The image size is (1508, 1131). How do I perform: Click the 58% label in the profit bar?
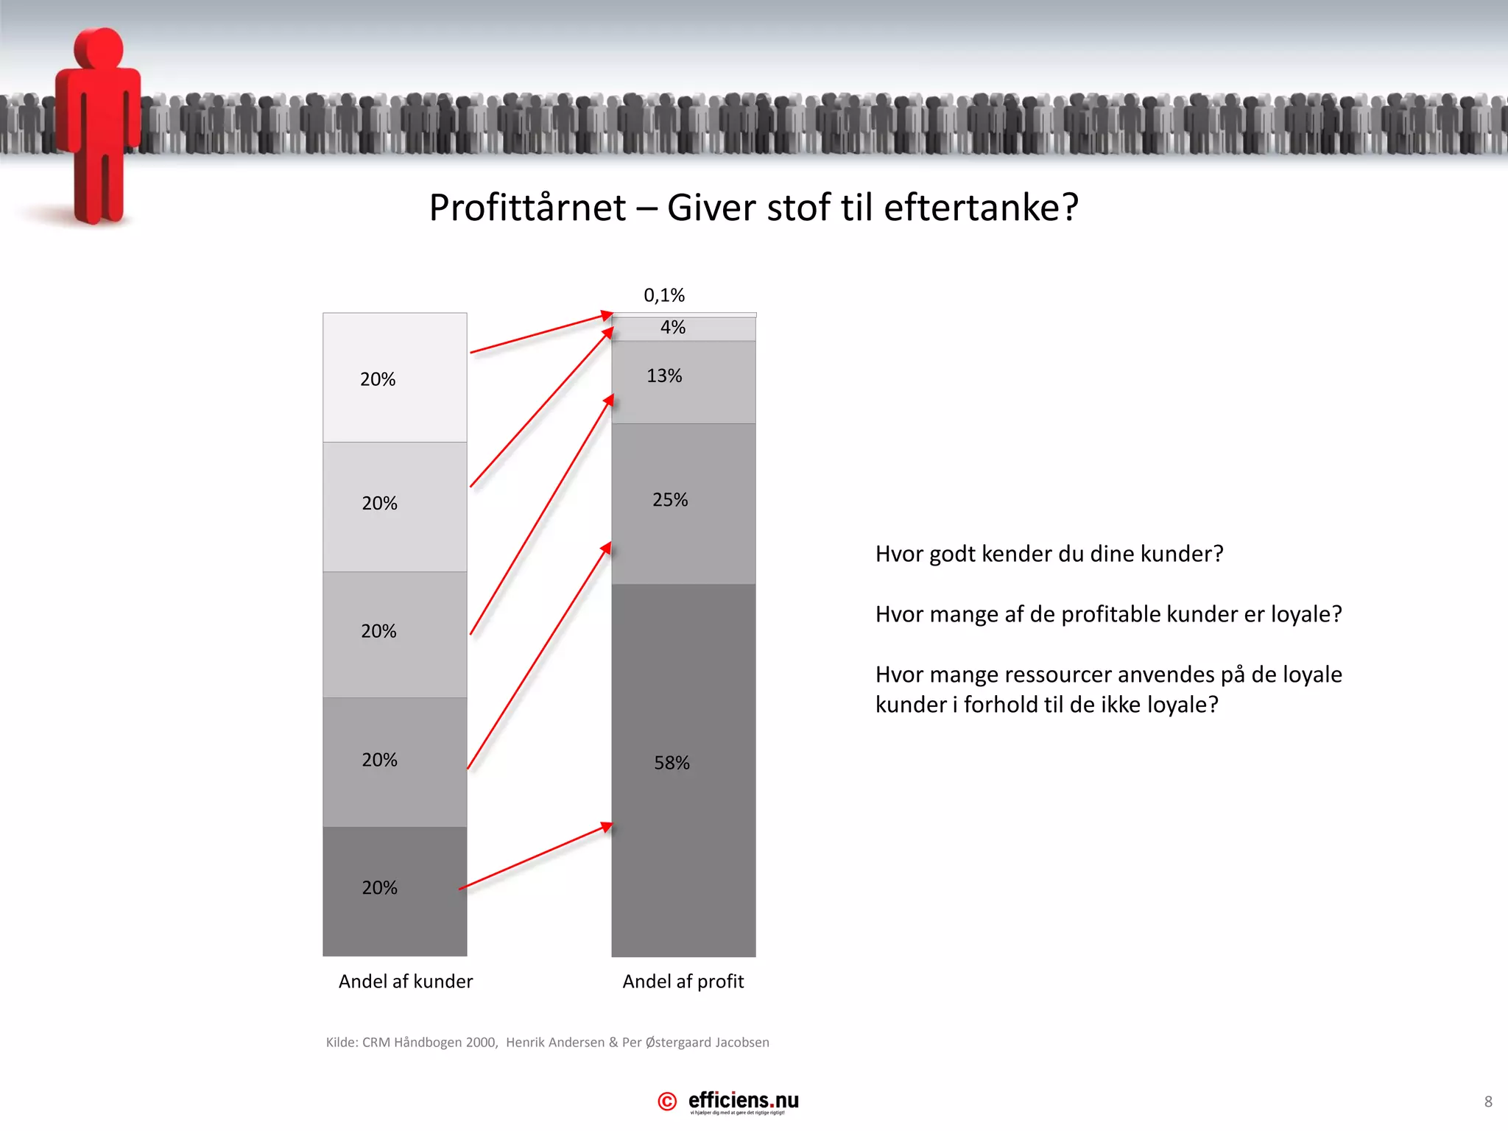[x=672, y=763]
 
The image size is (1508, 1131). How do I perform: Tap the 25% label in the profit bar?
[x=670, y=500]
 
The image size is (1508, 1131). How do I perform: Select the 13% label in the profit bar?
[x=664, y=376]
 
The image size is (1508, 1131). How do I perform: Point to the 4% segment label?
[x=672, y=328]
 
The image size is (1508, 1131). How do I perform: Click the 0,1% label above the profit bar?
[x=664, y=295]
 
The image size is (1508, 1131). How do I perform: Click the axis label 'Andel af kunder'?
[x=406, y=982]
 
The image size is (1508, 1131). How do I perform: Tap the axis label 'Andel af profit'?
[x=683, y=982]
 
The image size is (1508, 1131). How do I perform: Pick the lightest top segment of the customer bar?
[x=395, y=346]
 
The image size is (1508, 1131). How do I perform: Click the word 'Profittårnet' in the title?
[x=527, y=208]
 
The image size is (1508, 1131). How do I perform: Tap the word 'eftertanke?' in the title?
[x=981, y=208]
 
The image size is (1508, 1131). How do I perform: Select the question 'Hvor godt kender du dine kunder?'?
[x=1049, y=554]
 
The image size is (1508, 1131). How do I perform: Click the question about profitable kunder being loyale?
[x=1108, y=614]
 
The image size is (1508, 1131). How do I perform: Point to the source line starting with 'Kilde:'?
[x=547, y=1043]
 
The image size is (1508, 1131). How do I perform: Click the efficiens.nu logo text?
[x=743, y=1101]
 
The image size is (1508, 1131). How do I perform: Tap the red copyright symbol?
[x=667, y=1102]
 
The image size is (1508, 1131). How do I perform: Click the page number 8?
[x=1488, y=1102]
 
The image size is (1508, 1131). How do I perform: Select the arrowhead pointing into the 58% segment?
[x=606, y=827]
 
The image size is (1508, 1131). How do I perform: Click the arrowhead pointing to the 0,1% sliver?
[x=607, y=316]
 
